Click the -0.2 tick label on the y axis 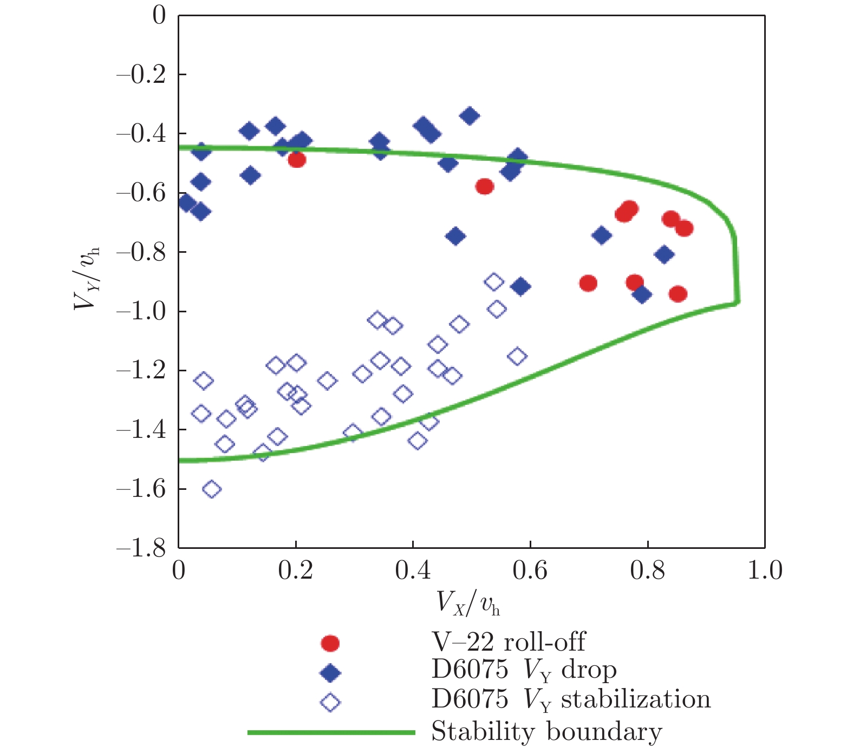click(x=141, y=74)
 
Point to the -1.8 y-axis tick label click(x=141, y=548)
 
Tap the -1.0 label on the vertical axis click(x=141, y=311)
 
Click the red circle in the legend click(x=330, y=643)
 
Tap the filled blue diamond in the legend click(x=330, y=673)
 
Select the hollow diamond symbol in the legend click(x=330, y=703)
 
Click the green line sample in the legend click(x=331, y=732)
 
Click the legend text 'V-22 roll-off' click(x=508, y=642)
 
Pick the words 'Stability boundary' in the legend click(x=546, y=732)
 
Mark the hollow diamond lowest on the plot click(x=212, y=489)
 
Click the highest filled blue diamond click(x=469, y=115)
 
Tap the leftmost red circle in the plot click(x=297, y=160)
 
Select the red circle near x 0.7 click(x=588, y=283)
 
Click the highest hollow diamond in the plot click(x=494, y=281)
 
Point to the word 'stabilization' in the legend click(x=635, y=699)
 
